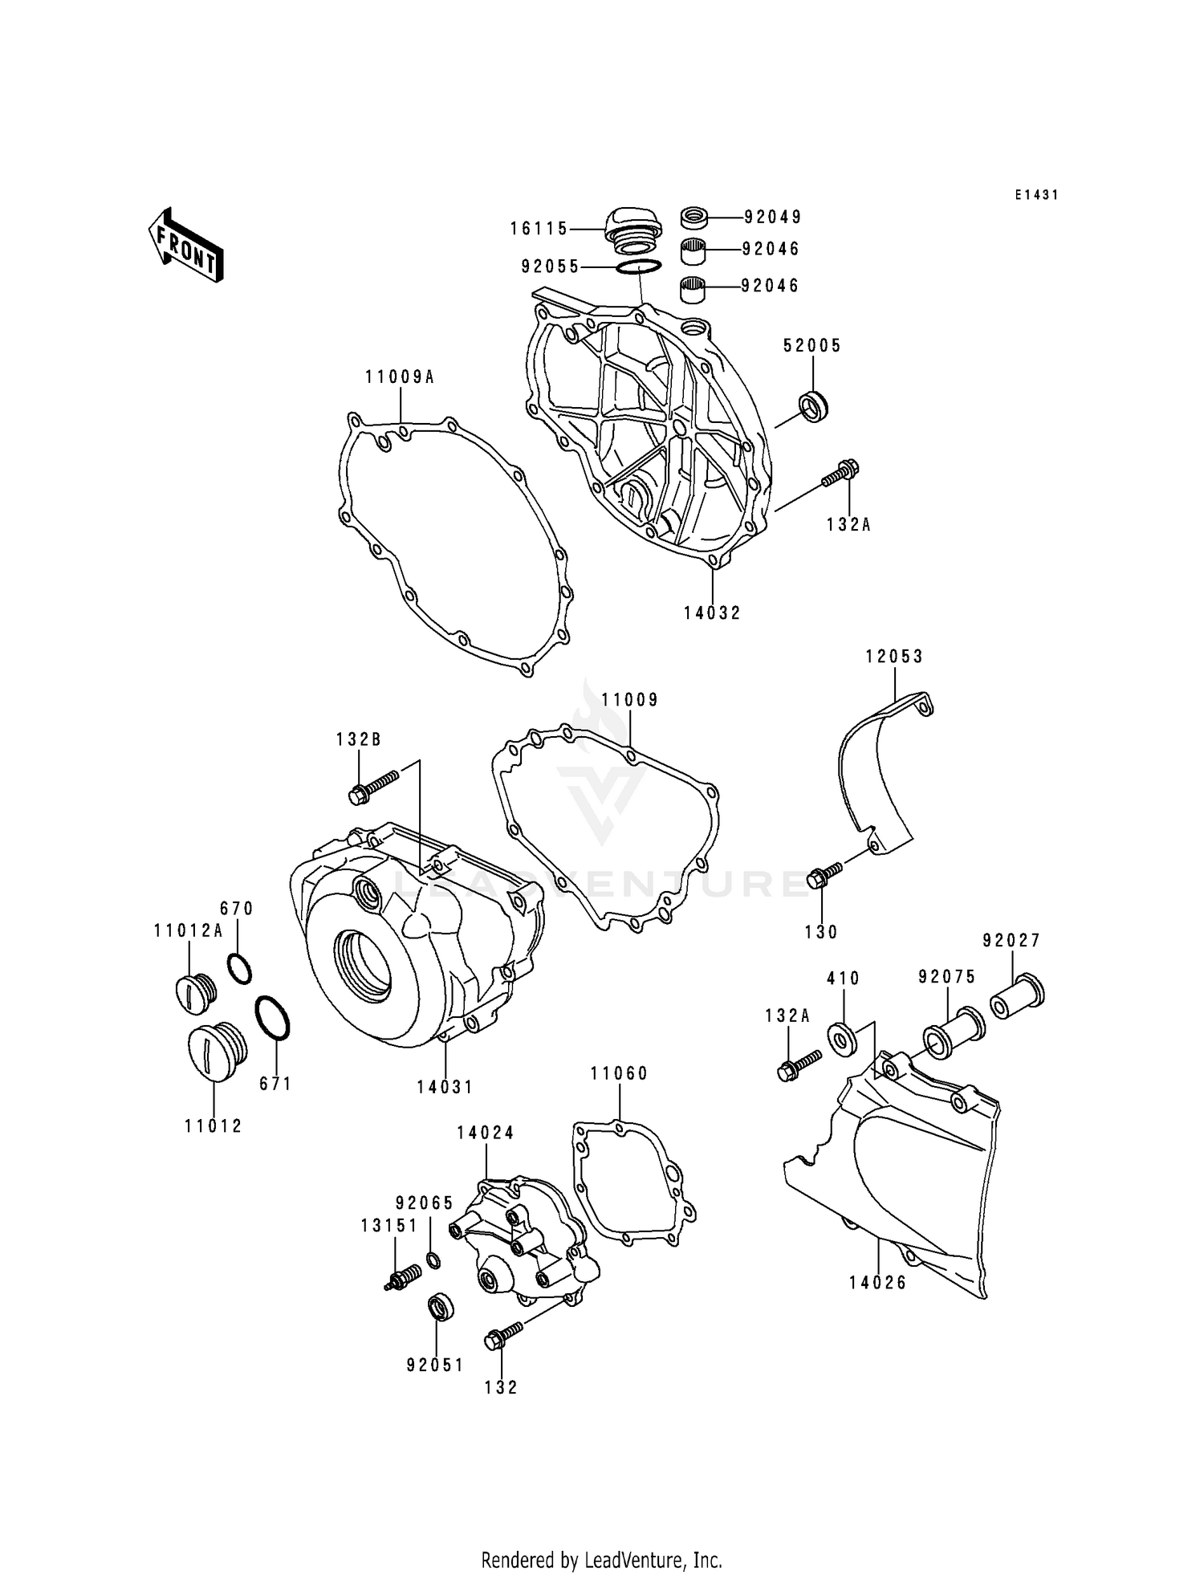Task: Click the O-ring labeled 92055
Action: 639,267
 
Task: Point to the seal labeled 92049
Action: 694,217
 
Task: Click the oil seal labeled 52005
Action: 813,407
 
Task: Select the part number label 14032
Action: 712,613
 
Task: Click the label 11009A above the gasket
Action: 400,376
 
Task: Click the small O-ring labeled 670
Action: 239,969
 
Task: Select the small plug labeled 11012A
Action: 193,994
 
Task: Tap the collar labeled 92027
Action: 1016,995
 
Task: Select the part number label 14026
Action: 878,1283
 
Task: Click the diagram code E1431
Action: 1036,195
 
